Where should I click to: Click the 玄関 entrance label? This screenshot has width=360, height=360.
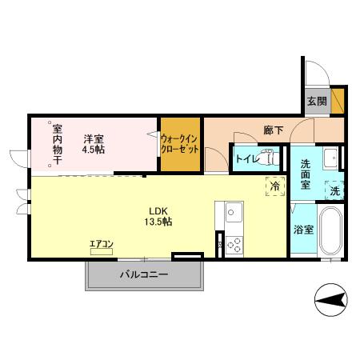click(316, 102)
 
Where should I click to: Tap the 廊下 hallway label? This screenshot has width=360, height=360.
click(274, 130)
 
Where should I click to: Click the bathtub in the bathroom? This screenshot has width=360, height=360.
click(330, 232)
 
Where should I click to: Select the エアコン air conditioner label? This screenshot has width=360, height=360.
click(102, 243)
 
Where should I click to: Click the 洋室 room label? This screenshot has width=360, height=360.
click(94, 137)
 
